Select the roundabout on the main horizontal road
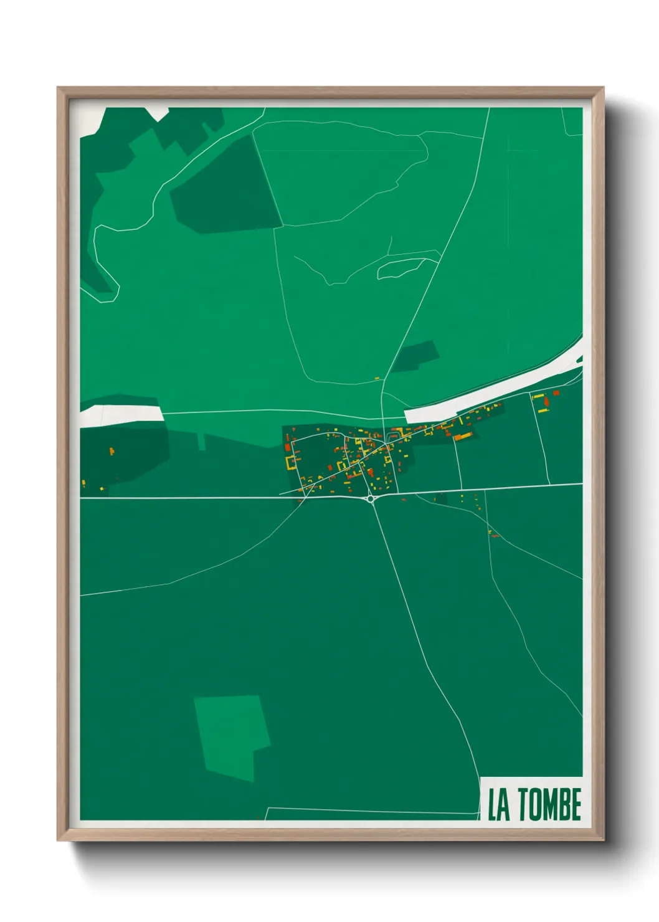click(x=371, y=498)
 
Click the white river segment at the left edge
click(x=121, y=415)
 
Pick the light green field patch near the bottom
click(x=231, y=735)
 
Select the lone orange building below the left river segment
click(x=112, y=450)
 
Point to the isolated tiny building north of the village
click(x=377, y=378)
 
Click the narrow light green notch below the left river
click(x=201, y=442)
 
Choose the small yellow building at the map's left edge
click(x=83, y=482)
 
